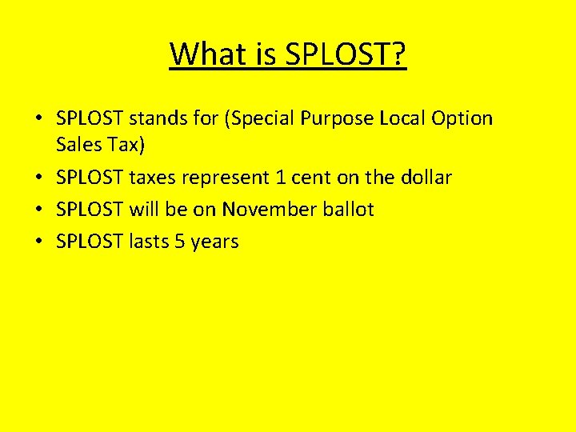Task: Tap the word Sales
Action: (78, 145)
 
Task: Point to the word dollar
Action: (427, 177)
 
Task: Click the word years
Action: (214, 242)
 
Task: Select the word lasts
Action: (149, 241)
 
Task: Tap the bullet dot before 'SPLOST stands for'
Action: (38, 119)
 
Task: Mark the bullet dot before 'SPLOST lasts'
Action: (38, 242)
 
